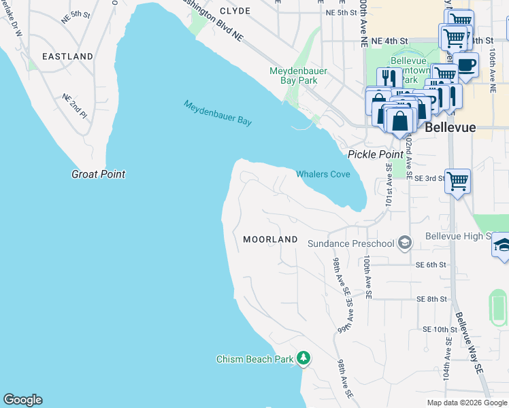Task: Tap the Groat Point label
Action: tap(99, 174)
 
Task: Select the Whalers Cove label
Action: tap(323, 175)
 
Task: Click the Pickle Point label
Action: tap(376, 154)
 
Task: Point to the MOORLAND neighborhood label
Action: tap(270, 239)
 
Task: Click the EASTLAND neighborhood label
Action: tap(67, 56)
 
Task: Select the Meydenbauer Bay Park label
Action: tap(293, 75)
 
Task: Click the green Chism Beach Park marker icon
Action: tap(303, 358)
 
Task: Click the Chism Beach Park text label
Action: tap(255, 359)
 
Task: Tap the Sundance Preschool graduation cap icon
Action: tap(405, 243)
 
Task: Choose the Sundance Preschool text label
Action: tap(350, 243)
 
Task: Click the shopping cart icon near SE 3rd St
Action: tap(458, 181)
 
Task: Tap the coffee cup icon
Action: tap(467, 65)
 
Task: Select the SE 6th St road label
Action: tap(429, 265)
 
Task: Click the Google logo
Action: tap(22, 400)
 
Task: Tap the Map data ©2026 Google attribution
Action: tap(466, 403)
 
